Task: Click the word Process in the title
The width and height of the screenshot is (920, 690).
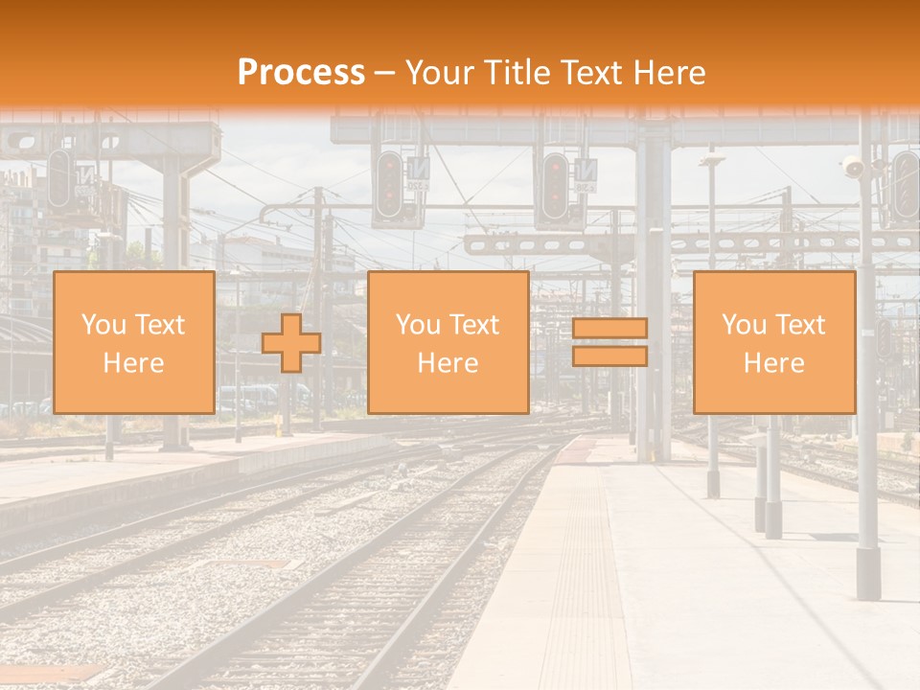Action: tap(301, 73)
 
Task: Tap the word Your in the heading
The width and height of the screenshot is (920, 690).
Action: tap(439, 73)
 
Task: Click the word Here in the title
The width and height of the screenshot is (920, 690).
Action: tap(672, 73)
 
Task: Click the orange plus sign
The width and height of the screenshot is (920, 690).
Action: tap(291, 343)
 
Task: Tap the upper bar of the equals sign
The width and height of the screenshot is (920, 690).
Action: tap(609, 329)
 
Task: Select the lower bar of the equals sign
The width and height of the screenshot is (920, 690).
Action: tap(609, 356)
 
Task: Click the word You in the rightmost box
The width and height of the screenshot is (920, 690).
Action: tap(743, 325)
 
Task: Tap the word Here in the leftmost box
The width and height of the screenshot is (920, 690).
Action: tap(133, 363)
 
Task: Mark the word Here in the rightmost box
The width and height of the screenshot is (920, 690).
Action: tap(773, 363)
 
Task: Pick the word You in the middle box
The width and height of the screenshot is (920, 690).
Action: tap(418, 325)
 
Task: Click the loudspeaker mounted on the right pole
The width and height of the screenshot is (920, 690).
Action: tap(852, 169)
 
